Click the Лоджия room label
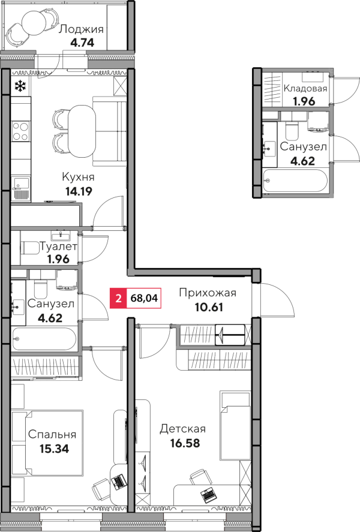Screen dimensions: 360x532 [x=81, y=29]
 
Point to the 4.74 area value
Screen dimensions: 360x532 [x=82, y=43]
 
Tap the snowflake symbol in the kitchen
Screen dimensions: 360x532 [x=20, y=86]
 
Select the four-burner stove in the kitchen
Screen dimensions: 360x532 [x=20, y=131]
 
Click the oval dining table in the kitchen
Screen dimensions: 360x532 [x=82, y=131]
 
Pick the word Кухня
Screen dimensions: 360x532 [x=78, y=177]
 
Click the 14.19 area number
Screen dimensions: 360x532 [x=79, y=191]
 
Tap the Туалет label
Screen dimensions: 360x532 [x=59, y=247]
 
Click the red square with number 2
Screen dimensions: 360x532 [x=118, y=299]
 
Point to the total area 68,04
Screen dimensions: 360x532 [x=144, y=299]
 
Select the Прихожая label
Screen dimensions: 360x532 [x=208, y=293]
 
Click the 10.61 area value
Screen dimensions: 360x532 [x=209, y=307]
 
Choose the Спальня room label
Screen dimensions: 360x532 [x=52, y=435]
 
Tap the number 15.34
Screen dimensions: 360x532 [x=54, y=449]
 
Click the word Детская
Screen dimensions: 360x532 [x=183, y=429]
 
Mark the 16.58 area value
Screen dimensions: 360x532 [x=185, y=443]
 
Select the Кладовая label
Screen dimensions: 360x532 [x=305, y=89]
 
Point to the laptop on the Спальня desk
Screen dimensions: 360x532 [x=118, y=482]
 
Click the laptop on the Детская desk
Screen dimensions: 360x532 [x=208, y=495]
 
